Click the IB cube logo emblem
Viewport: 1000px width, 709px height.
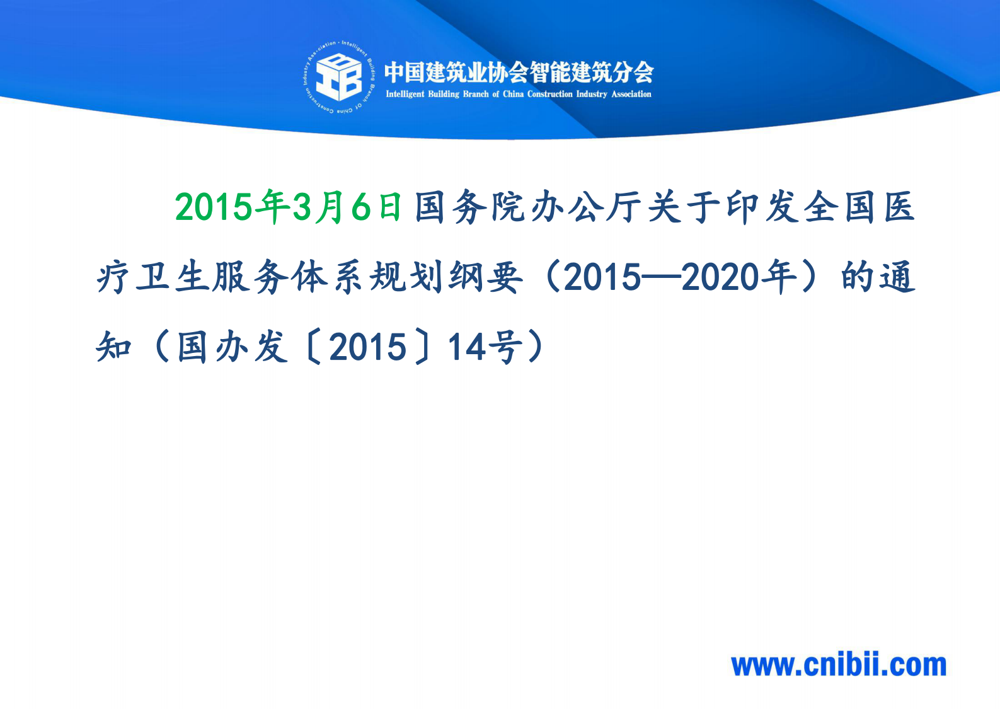pyautogui.click(x=338, y=76)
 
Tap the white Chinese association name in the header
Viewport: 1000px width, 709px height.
pyautogui.click(x=519, y=72)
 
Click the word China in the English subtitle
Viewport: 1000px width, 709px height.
pyautogui.click(x=513, y=95)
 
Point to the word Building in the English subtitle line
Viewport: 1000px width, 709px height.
pyautogui.click(x=444, y=95)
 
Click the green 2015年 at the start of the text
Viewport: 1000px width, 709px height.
pyautogui.click(x=232, y=207)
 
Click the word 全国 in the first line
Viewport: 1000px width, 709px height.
pyautogui.click(x=841, y=207)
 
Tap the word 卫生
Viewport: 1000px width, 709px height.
pyautogui.click(x=173, y=277)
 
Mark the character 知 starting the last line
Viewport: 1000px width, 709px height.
pyautogui.click(x=114, y=347)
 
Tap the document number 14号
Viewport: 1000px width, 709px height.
pyautogui.click(x=485, y=347)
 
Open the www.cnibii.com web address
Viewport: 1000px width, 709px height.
pyautogui.click(x=839, y=666)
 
